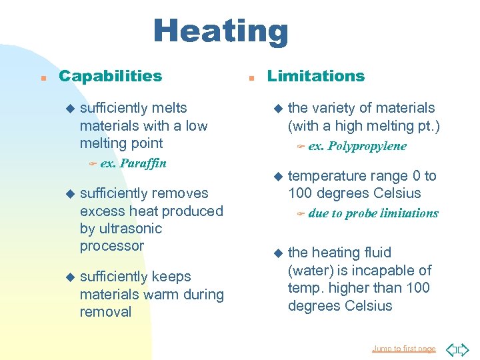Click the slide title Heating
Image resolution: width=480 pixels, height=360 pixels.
tap(221, 31)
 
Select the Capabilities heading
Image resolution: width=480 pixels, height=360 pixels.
tap(110, 76)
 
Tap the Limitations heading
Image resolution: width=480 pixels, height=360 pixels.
tap(315, 76)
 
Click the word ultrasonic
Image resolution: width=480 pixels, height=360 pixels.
tap(121, 228)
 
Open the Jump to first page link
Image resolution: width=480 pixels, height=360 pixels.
tap(403, 349)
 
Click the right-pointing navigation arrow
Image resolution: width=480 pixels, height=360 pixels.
tap(464, 349)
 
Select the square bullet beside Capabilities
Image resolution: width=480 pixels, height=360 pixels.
tap(43, 77)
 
